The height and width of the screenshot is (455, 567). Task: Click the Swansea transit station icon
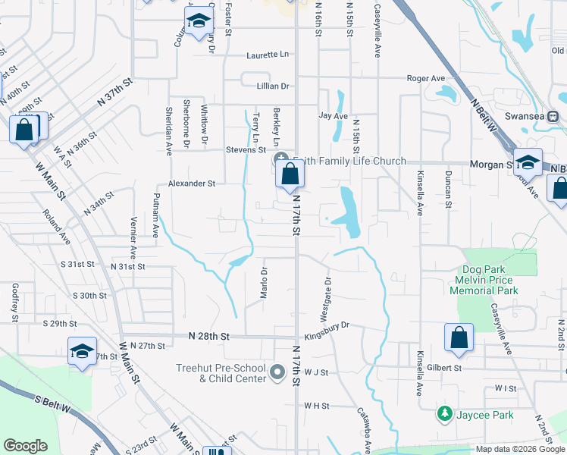[553, 116]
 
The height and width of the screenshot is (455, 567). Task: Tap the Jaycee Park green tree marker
[444, 414]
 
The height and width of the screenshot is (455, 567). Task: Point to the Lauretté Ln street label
[268, 55]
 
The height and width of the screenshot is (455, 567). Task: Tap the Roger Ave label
[425, 78]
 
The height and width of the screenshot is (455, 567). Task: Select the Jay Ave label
[333, 116]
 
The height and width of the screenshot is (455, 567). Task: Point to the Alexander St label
[192, 184]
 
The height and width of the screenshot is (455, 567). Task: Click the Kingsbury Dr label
[326, 325]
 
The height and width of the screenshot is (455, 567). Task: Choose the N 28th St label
[209, 335]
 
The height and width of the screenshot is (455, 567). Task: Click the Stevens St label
[245, 150]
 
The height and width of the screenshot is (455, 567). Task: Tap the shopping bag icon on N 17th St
[290, 174]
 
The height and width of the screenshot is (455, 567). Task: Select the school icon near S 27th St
[82, 352]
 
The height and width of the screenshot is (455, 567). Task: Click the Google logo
[25, 446]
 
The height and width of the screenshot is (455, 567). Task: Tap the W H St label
[316, 406]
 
